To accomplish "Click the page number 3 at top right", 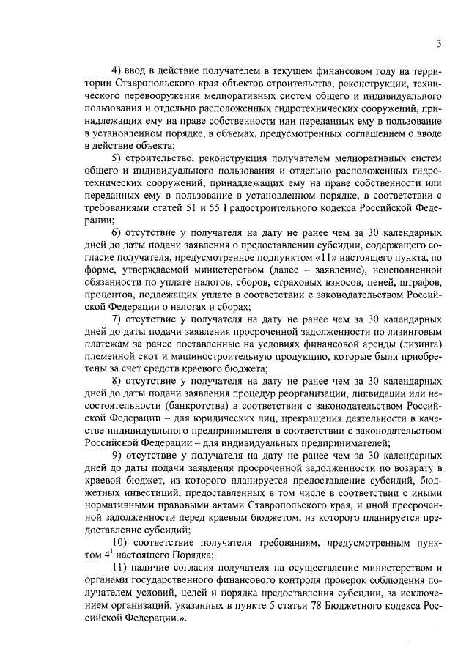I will [x=437, y=43].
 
